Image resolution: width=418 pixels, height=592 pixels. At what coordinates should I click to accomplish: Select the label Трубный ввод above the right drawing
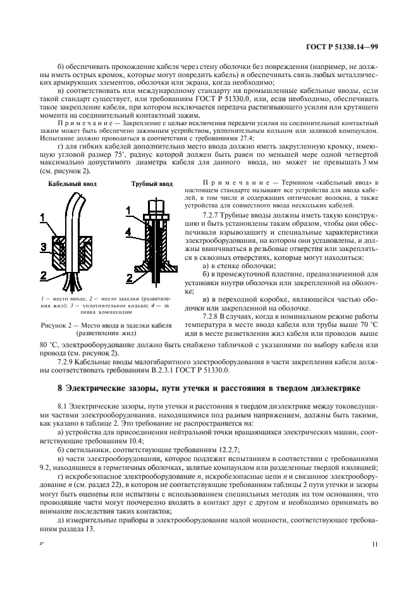click(x=151, y=184)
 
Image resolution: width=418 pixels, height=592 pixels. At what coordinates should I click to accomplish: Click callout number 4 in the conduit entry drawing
click(x=129, y=233)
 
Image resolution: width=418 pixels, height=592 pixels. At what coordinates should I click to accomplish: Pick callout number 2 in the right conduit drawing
click(x=129, y=279)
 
